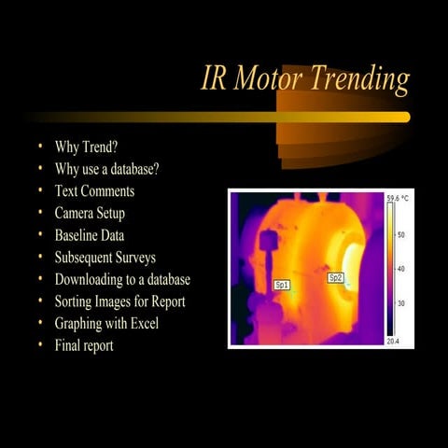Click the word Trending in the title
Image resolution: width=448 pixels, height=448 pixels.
(359, 80)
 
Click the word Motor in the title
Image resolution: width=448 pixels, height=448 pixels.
(270, 79)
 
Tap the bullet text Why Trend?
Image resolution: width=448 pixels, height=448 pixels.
(92, 147)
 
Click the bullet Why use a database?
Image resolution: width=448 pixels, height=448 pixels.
(106, 169)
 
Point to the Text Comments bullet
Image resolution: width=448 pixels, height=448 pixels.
(94, 191)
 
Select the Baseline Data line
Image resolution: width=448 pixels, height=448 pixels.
(90, 236)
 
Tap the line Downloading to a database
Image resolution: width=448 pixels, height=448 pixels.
(122, 280)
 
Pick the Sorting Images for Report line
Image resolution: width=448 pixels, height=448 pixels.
(119, 301)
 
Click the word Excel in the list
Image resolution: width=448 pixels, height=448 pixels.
(144, 324)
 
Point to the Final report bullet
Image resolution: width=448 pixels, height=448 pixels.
(84, 346)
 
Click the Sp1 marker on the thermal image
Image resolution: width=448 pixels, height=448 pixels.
(282, 285)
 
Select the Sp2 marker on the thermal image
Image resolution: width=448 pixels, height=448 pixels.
(335, 277)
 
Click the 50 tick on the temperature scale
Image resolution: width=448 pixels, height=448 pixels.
(401, 235)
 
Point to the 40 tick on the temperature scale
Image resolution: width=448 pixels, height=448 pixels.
(401, 269)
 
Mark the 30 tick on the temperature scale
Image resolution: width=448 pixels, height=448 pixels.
(401, 303)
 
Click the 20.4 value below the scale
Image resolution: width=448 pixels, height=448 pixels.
(394, 342)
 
